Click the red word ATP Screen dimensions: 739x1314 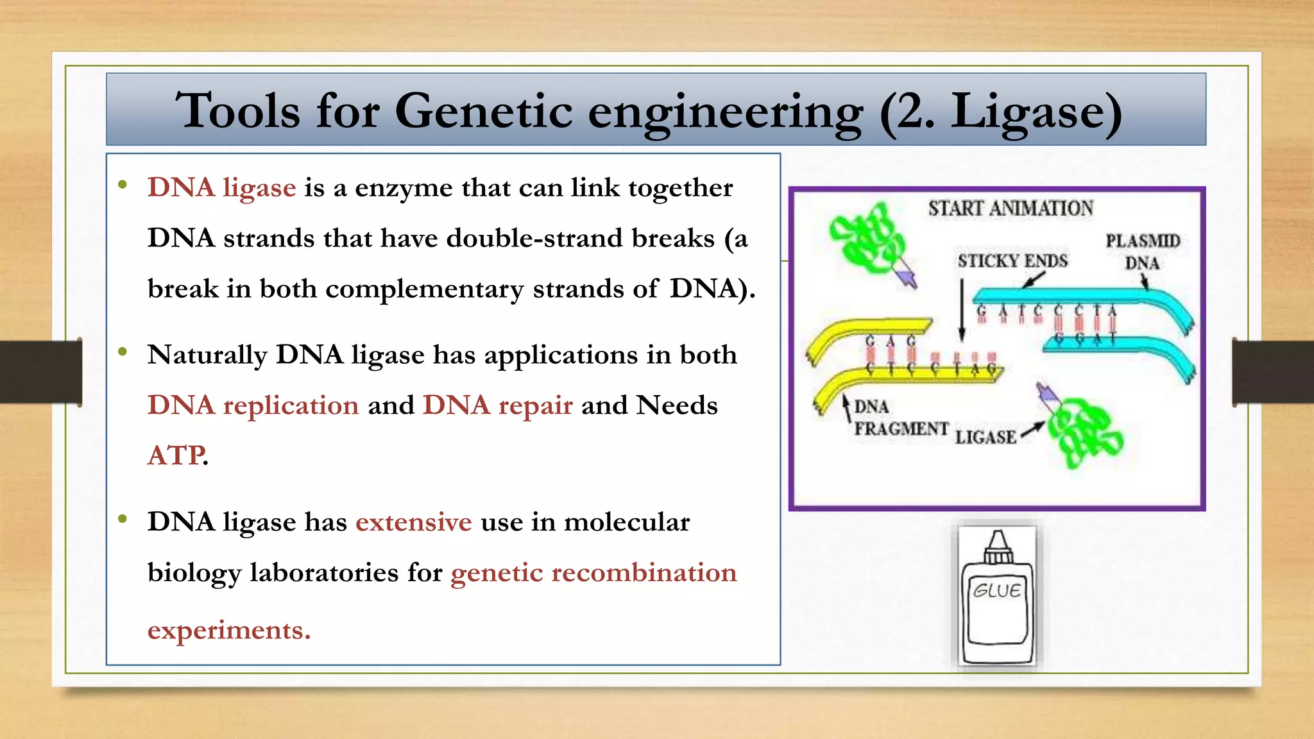(176, 455)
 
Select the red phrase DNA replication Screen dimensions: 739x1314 (253, 405)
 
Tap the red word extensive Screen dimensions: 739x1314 (414, 522)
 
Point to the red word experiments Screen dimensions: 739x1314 (228, 630)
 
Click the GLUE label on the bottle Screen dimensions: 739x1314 (996, 590)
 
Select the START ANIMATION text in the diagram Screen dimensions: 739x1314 (1011, 208)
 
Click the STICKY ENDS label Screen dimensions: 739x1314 (1012, 261)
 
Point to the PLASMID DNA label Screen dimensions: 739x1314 (1143, 251)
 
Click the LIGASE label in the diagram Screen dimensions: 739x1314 (985, 437)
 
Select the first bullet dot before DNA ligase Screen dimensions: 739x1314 (123, 185)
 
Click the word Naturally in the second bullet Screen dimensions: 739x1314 (207, 355)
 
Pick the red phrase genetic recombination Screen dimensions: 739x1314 (593, 573)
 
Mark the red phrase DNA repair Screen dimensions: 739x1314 (497, 405)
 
